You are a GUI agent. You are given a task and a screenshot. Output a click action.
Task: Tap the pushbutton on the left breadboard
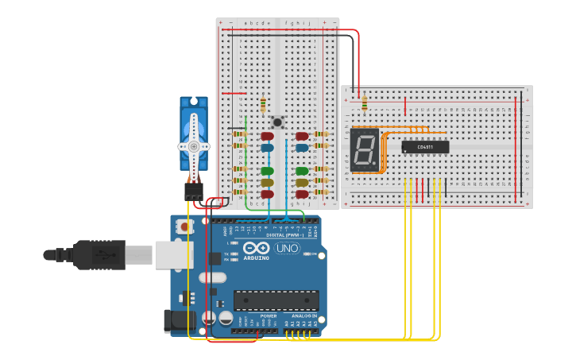pos(276,122)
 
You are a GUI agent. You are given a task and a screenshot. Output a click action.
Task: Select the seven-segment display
pos(364,149)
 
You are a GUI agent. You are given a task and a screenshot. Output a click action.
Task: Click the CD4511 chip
pos(425,147)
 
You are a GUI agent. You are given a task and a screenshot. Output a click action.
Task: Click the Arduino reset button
pos(184,226)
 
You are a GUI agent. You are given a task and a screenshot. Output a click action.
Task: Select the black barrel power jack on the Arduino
pos(179,319)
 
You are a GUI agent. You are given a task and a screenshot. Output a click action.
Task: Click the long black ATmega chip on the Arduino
pos(276,300)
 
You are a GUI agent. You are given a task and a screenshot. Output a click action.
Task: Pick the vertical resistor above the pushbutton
pos(263,104)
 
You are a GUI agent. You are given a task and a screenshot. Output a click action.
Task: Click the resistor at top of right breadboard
pos(364,103)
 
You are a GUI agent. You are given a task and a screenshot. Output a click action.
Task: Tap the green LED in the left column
pos(268,171)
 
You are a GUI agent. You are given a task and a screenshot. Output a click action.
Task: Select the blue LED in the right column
pos(302,147)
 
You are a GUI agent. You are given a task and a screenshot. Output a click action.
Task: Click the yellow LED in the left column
pos(268,183)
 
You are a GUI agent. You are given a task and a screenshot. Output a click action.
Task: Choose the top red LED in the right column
pos(302,136)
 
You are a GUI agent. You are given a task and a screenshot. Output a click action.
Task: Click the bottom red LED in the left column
pos(268,194)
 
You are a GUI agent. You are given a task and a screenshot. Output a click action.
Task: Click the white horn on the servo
pos(193,147)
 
